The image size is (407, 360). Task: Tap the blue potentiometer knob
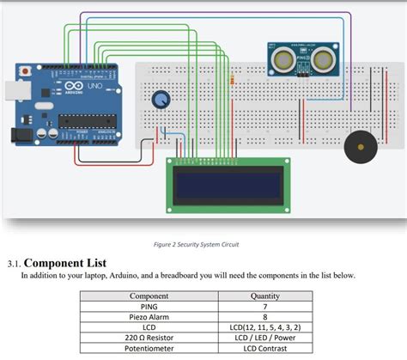point(160,101)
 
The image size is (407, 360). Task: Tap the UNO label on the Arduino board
point(93,89)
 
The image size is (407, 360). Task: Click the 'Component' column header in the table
point(149,296)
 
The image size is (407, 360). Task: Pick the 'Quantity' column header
point(266,296)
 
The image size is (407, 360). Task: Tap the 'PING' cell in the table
point(149,306)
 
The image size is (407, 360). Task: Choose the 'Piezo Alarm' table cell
point(149,317)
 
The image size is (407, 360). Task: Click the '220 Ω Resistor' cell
point(149,339)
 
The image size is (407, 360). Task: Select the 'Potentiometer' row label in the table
point(149,350)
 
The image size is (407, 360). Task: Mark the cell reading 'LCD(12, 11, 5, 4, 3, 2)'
point(266,327)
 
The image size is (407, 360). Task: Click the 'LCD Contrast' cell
point(266,350)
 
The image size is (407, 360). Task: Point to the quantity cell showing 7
point(266,306)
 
